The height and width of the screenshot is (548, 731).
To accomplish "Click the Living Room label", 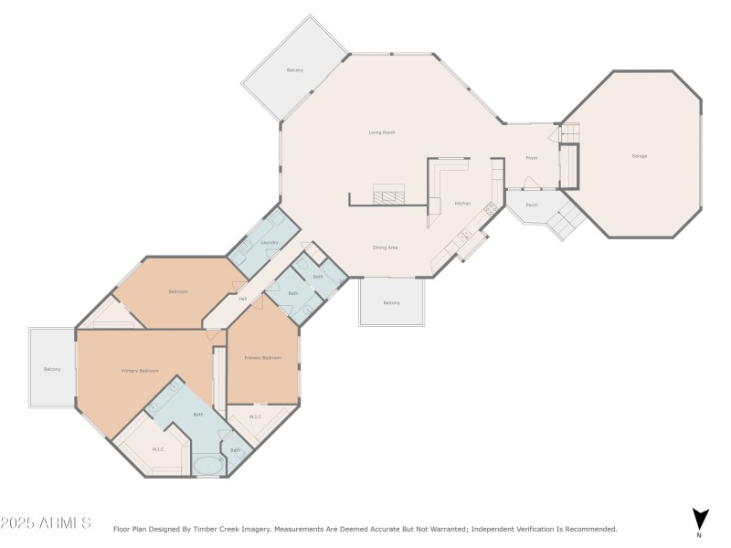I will (382, 132).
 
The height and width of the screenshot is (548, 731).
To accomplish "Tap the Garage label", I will (640, 156).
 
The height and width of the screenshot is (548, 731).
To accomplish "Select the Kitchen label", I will (463, 203).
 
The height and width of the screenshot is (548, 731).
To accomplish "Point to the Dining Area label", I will (385, 247).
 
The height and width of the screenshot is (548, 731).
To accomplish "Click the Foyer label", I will (531, 158).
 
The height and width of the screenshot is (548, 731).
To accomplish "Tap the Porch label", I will (532, 205).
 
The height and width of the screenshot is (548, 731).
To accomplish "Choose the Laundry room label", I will (269, 242).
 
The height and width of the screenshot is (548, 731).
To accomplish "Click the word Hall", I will (242, 299).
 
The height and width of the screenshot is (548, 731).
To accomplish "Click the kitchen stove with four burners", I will (490, 208).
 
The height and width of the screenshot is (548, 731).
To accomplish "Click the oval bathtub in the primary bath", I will (208, 465).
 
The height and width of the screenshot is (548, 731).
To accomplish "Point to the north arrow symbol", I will (699, 520).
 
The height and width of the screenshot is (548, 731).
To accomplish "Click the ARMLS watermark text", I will (46, 523).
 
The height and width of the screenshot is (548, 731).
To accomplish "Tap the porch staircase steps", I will (571, 219).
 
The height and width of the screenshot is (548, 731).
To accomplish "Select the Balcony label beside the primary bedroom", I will (52, 369).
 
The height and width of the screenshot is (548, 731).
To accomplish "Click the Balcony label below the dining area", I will (391, 302).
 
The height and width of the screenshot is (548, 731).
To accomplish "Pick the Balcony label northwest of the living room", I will (294, 70).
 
